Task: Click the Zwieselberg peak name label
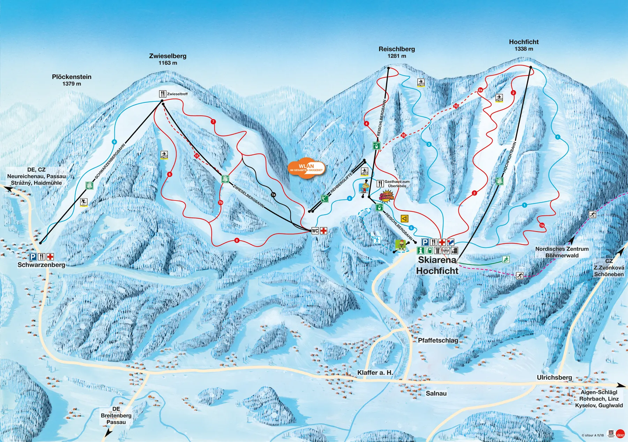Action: coord(167,56)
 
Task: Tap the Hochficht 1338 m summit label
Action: coord(524,42)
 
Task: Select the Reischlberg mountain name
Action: coord(397,49)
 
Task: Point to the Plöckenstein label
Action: coord(72,77)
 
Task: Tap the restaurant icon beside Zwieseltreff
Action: coord(163,94)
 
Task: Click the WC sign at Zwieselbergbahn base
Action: coord(315,231)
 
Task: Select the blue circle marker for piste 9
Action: coord(114,142)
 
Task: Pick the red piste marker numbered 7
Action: coord(213,122)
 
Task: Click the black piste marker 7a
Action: coord(273,195)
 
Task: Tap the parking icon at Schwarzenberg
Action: coord(33,257)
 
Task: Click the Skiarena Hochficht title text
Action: coord(437,265)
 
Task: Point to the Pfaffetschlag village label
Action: coord(438,340)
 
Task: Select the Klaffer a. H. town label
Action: coord(375,373)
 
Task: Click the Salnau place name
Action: coord(436,394)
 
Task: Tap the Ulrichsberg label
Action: coord(554,378)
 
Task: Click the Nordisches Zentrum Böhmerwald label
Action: coord(562,252)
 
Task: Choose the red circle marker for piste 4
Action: coord(366,124)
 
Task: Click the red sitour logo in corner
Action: coord(620,434)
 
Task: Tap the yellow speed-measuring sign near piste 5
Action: coord(405,219)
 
